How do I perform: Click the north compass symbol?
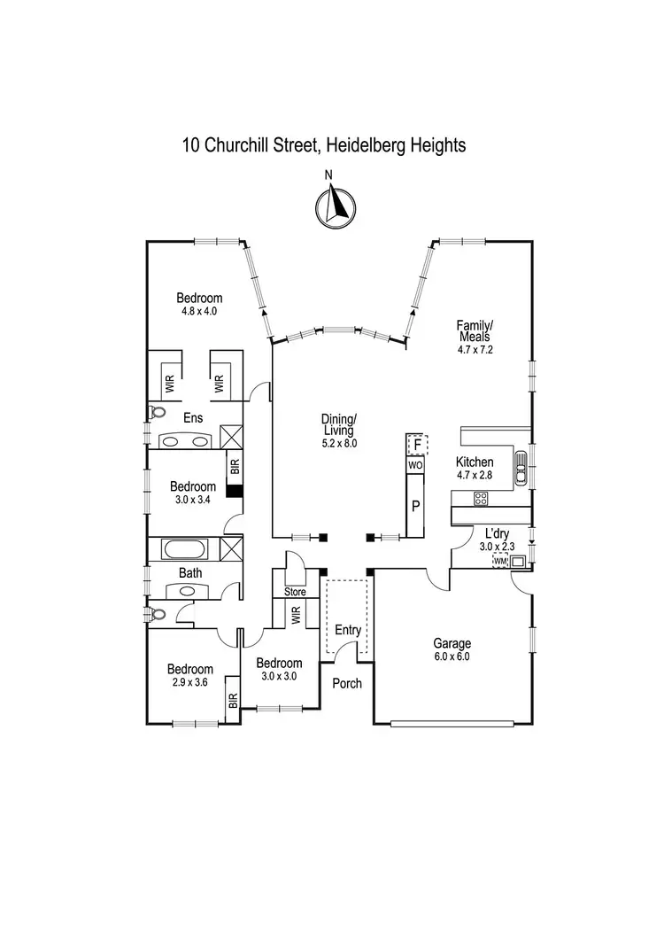tap(334, 206)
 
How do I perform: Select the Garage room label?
tap(452, 644)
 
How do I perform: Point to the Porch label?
tap(347, 683)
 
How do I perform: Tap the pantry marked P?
tap(415, 507)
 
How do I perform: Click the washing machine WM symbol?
tap(500, 560)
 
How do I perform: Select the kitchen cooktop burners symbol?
tap(482, 499)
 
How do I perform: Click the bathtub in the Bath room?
tap(184, 549)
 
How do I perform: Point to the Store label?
tap(294, 592)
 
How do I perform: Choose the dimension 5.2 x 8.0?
tap(339, 444)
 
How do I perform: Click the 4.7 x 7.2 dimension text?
tap(475, 351)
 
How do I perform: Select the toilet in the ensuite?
tap(158, 412)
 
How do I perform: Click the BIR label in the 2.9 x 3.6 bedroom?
tap(233, 700)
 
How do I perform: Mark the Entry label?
tap(347, 631)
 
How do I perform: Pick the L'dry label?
tap(496, 533)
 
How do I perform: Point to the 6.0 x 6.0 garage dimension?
tap(452, 657)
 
